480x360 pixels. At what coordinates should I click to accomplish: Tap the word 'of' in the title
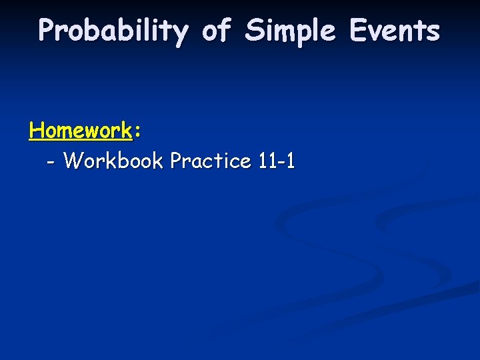click(x=216, y=31)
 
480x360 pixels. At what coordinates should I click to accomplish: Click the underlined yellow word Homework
click(x=81, y=130)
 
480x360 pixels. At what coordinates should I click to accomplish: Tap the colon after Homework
click(x=137, y=132)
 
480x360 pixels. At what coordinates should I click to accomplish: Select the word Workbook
click(x=114, y=161)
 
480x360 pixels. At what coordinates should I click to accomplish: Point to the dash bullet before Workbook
click(x=52, y=163)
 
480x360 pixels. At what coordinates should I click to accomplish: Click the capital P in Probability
click(x=47, y=30)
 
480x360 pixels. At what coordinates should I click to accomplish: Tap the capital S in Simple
click(x=255, y=30)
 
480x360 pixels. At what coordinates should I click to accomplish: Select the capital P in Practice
click(x=177, y=161)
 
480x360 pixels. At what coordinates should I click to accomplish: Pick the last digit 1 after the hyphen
click(x=289, y=161)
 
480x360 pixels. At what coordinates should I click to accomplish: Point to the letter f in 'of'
click(x=225, y=30)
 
